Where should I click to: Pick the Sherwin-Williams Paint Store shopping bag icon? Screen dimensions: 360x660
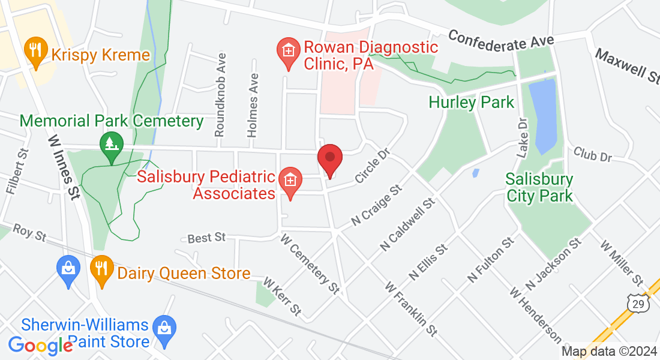point(163,326)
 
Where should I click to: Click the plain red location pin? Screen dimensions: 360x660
point(329,158)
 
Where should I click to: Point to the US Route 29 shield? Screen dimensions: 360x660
point(637,305)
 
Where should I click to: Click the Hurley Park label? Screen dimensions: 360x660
point(472,103)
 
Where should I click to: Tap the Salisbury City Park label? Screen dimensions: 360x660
point(539,187)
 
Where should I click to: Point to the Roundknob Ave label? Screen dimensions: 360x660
point(221,94)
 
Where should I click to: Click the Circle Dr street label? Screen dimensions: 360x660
point(372,166)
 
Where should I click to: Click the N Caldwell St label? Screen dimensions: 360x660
point(407,225)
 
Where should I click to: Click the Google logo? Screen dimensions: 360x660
point(40,345)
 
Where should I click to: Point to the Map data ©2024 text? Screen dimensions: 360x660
point(608,352)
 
